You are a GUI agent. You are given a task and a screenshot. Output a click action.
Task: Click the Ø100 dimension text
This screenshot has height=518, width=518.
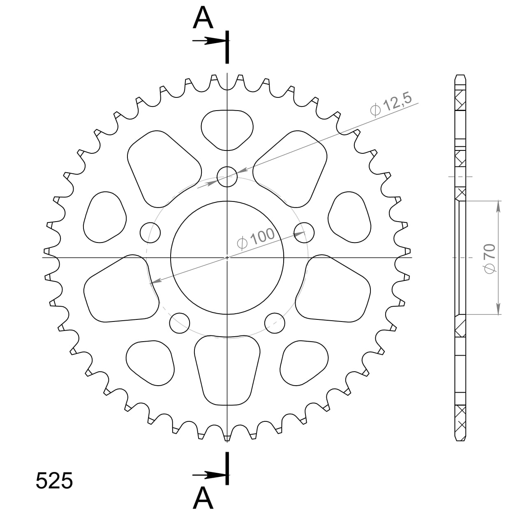click(256, 238)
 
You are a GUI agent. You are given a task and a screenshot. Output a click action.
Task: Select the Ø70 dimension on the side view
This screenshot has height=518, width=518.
click(490, 258)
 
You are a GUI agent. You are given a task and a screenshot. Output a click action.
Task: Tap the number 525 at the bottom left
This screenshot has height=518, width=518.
click(54, 481)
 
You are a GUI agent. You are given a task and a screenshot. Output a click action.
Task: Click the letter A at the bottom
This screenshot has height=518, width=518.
click(203, 498)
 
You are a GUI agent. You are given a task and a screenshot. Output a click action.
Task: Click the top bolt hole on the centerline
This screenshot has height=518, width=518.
click(227, 177)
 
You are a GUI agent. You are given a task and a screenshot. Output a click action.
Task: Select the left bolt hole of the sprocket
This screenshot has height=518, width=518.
click(150, 232)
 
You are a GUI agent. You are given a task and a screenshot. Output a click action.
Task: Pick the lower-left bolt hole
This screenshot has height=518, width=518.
click(180, 323)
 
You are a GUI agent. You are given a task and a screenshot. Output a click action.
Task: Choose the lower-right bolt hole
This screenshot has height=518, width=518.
click(275, 323)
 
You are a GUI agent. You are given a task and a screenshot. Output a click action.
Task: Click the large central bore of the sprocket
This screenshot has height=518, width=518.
click(227, 258)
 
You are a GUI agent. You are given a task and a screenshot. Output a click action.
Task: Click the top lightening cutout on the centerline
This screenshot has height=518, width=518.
click(227, 129)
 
